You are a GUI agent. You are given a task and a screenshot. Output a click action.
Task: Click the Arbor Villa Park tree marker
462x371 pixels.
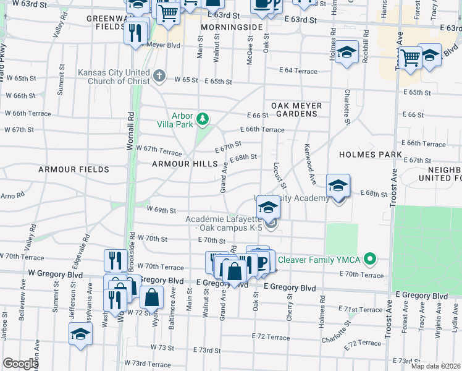pos(201,118)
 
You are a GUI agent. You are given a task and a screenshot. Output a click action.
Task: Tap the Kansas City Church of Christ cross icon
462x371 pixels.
pos(159,76)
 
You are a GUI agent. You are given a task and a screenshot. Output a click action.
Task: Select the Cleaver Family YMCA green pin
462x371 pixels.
pos(370,258)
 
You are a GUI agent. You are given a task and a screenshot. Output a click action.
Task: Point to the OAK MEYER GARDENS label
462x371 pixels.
pos(296,110)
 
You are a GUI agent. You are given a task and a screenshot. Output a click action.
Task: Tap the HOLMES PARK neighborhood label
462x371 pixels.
pos(371,154)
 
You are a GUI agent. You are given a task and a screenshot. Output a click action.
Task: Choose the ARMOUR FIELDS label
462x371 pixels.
pos(73,169)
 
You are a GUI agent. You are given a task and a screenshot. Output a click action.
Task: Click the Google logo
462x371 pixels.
pos(20,363)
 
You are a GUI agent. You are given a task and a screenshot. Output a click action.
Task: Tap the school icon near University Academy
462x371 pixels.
pos(338,185)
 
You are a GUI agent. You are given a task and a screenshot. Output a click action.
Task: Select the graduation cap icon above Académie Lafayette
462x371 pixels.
pos(268,208)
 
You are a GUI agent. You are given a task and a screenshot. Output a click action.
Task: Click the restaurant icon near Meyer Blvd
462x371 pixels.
pos(136,32)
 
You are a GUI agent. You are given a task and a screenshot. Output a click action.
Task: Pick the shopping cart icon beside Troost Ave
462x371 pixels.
pos(410,58)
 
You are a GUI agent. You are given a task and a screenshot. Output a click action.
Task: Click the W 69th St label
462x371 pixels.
pos(162,210)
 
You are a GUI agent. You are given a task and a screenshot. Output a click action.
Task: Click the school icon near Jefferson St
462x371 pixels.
pos(80,336)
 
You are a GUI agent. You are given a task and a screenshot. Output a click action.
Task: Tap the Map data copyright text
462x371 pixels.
pos(435,366)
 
